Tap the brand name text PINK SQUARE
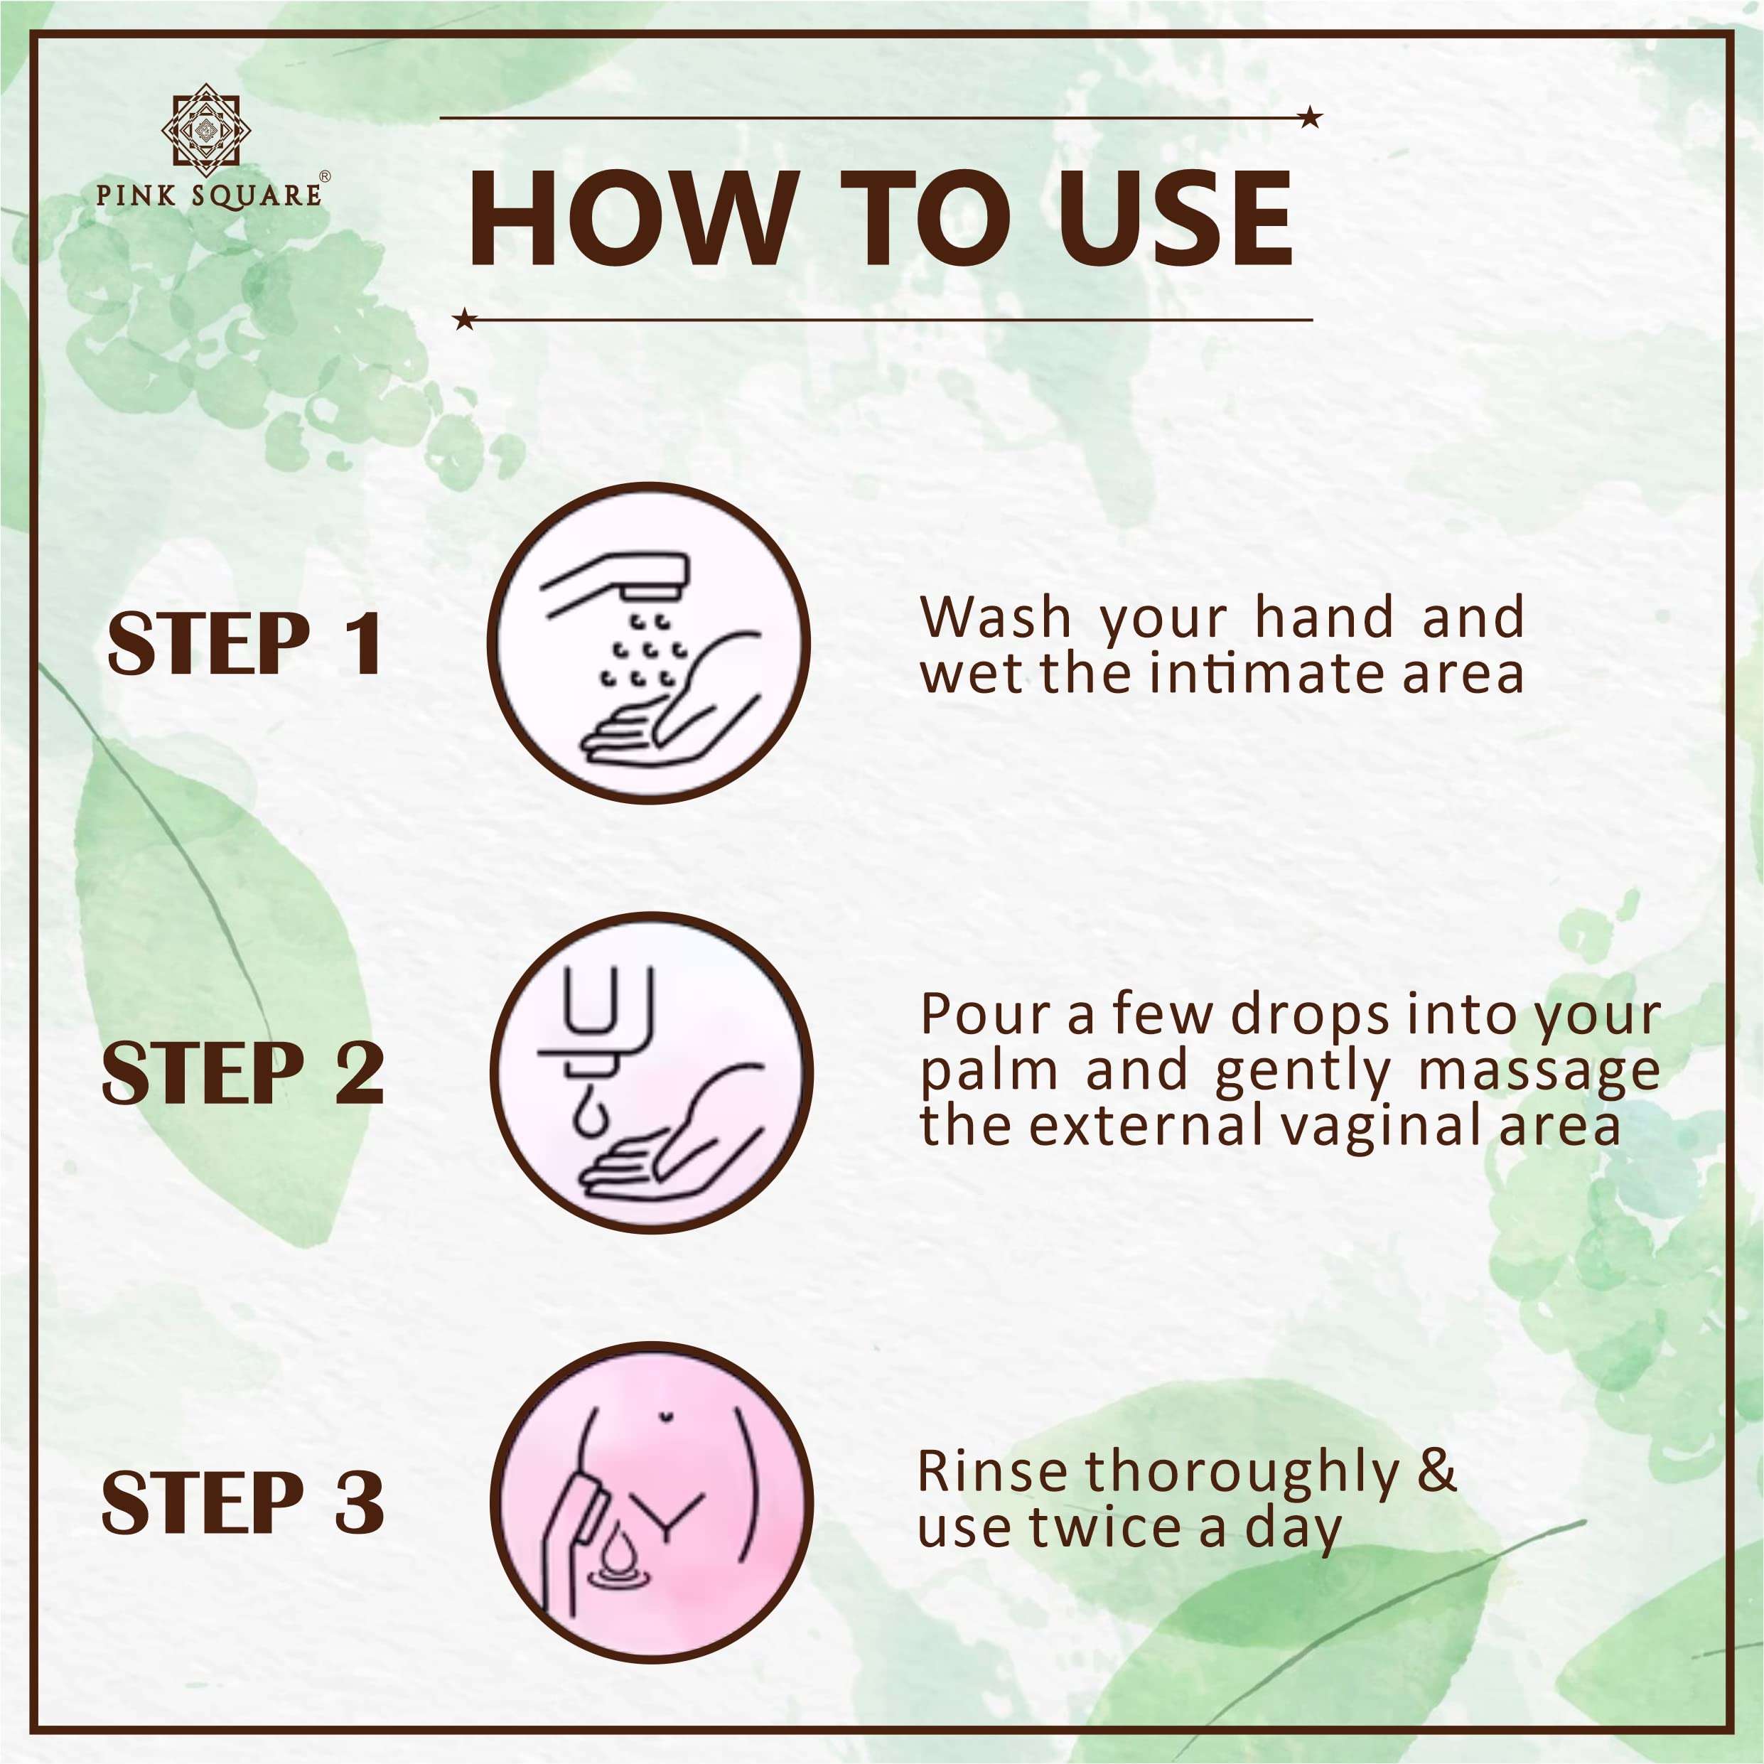click(209, 195)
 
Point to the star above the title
click(1311, 117)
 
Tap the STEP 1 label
click(244, 644)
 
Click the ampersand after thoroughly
click(1438, 1471)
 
